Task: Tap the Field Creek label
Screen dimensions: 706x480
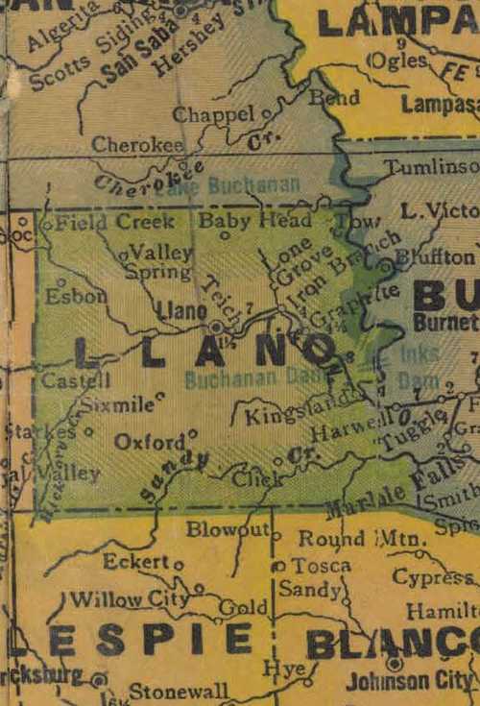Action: pos(114,223)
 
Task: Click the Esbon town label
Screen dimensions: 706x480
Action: pos(75,296)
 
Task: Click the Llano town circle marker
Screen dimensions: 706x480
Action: pos(217,327)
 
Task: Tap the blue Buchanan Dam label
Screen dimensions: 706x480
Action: pos(255,378)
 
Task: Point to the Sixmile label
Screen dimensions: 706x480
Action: pos(115,405)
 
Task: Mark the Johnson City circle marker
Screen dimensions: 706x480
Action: pos(394,663)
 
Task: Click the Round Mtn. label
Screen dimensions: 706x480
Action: pos(361,539)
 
